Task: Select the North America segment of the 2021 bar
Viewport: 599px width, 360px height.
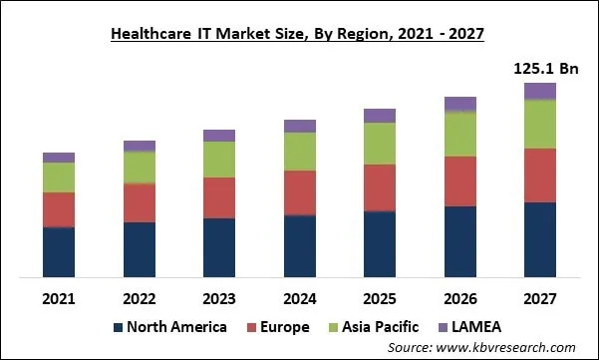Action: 59,252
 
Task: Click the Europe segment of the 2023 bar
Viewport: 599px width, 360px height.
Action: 219,197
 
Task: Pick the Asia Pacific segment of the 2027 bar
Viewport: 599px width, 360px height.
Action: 539,125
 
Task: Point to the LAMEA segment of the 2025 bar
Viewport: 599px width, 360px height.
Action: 380,116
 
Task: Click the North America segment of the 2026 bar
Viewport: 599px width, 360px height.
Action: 459,241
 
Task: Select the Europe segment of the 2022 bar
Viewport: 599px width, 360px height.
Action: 140,202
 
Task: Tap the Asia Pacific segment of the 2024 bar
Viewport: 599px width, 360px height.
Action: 300,152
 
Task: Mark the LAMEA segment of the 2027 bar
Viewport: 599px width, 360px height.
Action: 539,92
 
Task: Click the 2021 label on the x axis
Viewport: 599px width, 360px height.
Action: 59,298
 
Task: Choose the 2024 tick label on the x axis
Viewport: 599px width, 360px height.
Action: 300,298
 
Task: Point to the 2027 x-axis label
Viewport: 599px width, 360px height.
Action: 539,298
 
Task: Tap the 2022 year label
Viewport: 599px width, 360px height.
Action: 140,298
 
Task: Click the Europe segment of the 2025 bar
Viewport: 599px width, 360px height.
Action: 380,187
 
